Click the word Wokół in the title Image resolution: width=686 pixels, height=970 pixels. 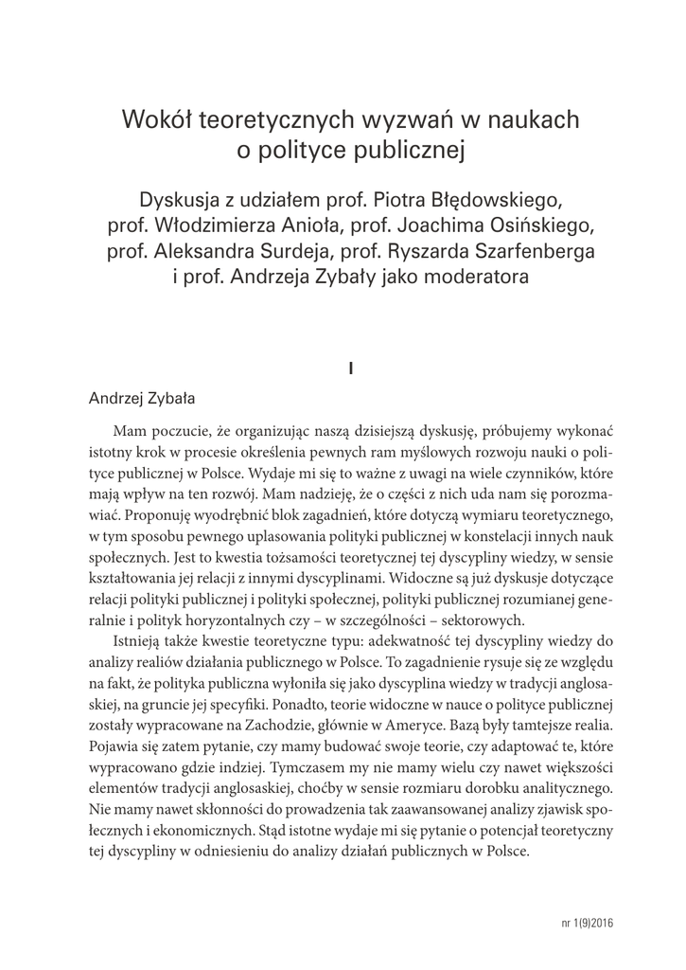(x=154, y=121)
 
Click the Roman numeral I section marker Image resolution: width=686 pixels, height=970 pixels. (x=350, y=368)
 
